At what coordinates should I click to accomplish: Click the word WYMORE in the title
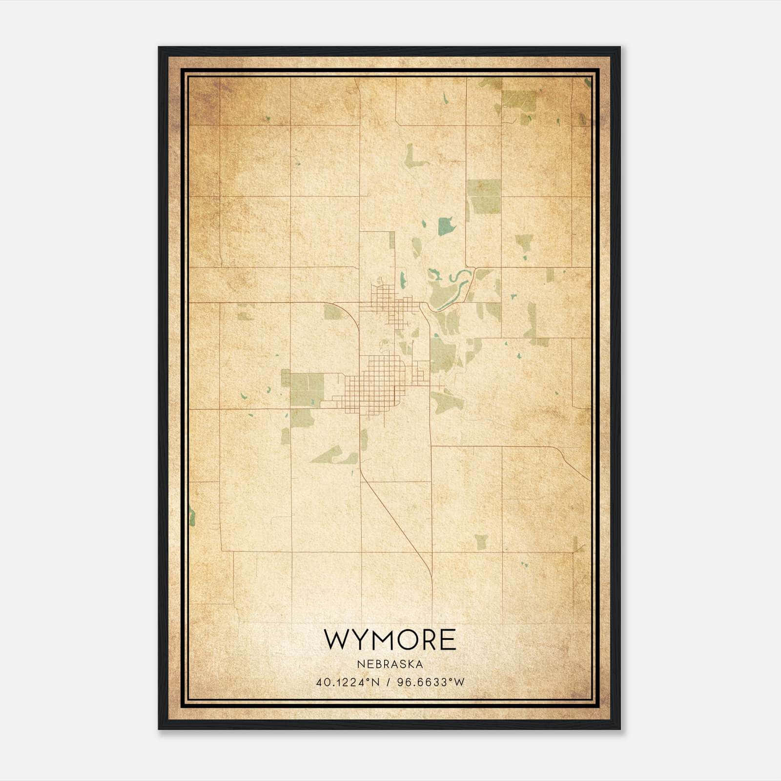pos(390,640)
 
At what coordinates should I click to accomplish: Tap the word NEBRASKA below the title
pos(390,664)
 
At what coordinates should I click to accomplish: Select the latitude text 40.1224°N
pos(348,682)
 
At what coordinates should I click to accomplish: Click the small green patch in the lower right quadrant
pos(481,541)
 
